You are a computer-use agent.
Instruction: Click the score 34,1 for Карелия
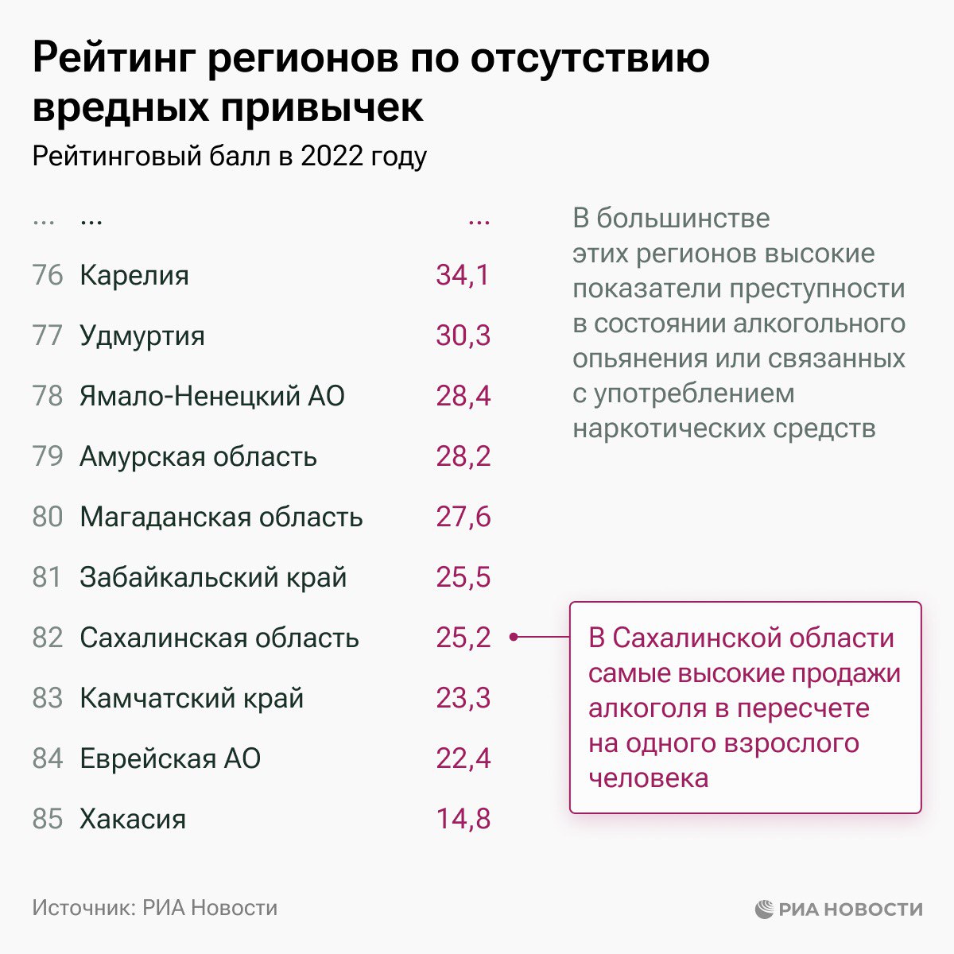[x=463, y=275]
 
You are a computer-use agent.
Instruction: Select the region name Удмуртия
[x=142, y=335]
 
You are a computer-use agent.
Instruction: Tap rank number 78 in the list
[x=48, y=396]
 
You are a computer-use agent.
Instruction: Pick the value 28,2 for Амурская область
[x=463, y=456]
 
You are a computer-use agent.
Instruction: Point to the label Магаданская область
[x=221, y=517]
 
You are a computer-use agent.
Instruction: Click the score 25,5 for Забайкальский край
[x=463, y=577]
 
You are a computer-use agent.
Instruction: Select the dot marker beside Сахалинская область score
[x=514, y=637]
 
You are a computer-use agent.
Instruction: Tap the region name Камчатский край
[x=192, y=698]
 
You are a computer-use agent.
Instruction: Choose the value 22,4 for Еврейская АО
[x=463, y=758]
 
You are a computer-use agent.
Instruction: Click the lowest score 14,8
[x=463, y=819]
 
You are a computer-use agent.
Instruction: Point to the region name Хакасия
[x=133, y=819]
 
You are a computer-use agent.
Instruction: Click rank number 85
[x=48, y=819]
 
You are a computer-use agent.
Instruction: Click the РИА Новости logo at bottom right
[x=839, y=909]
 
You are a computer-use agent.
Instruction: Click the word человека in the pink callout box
[x=648, y=778]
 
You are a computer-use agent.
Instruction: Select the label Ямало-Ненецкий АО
[x=212, y=396]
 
